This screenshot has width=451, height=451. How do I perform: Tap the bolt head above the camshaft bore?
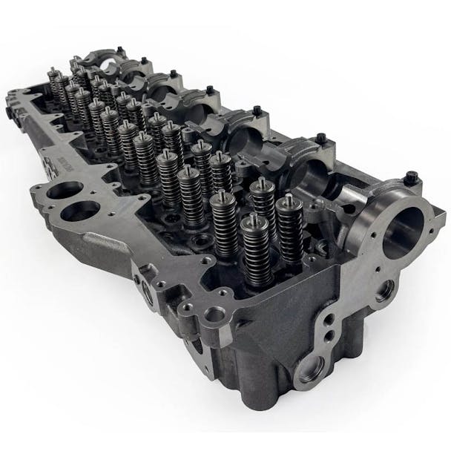coord(411,178)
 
